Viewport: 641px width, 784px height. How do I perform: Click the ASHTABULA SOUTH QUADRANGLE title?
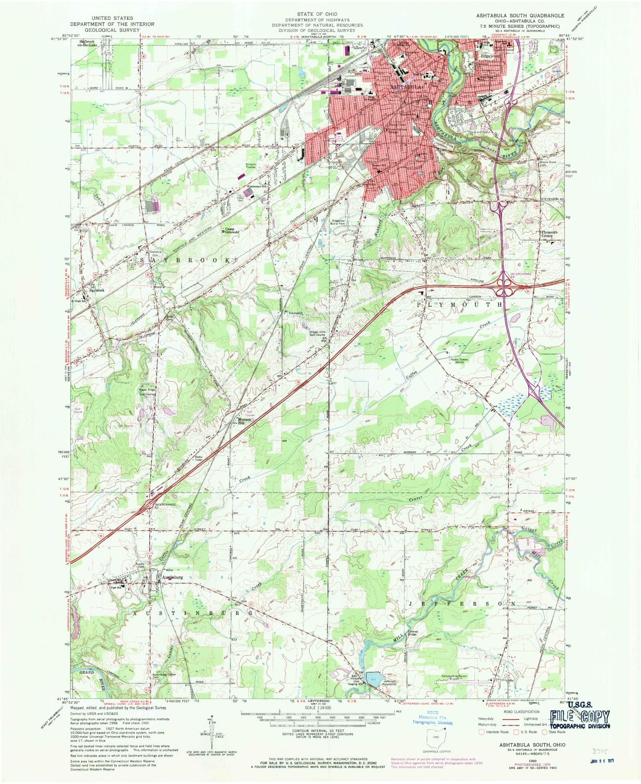(x=520, y=15)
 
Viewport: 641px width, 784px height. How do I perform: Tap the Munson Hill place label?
(x=244, y=420)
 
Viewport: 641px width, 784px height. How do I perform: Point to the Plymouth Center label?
(x=549, y=234)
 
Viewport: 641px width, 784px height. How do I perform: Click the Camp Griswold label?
(x=232, y=230)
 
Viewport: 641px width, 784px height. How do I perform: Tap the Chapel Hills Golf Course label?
(x=317, y=333)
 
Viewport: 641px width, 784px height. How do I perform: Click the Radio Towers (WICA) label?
(x=459, y=361)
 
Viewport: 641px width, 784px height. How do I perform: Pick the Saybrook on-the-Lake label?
(x=88, y=43)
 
